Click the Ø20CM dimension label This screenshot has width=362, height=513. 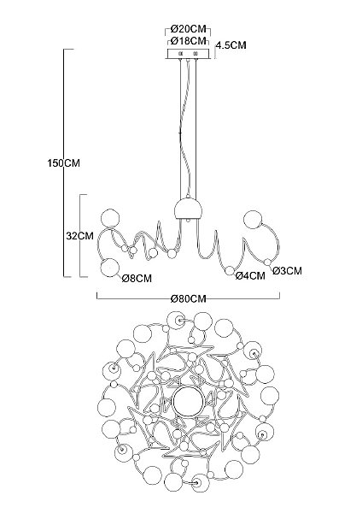coord(189,29)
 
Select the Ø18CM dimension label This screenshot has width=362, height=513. coord(189,41)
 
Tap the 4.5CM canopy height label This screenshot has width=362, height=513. coord(231,45)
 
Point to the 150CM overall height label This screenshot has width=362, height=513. coord(63,163)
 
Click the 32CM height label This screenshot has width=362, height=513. coord(79,236)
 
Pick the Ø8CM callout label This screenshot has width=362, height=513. coord(137,279)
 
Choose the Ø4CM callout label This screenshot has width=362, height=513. coord(250,276)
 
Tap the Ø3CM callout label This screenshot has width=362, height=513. coord(287,270)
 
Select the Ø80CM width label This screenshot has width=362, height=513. coord(189,298)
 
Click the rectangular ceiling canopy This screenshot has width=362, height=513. coord(188,54)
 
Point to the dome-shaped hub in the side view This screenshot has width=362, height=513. coord(188,209)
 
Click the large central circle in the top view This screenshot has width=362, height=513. coord(188,401)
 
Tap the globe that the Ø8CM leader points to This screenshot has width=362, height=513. coord(110,268)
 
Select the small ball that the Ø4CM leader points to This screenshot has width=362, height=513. coord(230,270)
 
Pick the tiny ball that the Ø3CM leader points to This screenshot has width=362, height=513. coord(267,262)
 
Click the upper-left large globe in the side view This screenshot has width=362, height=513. coord(110,219)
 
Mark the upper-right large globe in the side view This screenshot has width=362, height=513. coord(254,220)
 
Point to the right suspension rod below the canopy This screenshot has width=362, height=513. coord(196,128)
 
